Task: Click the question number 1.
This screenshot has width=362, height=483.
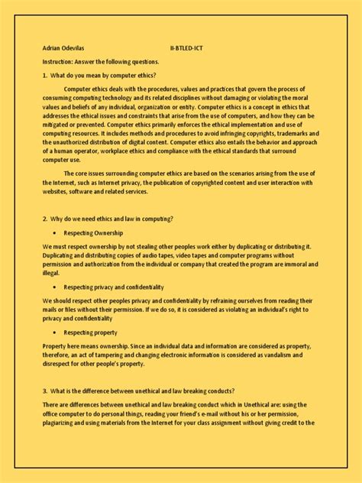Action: pos(45,75)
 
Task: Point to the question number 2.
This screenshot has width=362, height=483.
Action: pos(45,219)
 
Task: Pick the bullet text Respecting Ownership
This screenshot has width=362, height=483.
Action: pos(93,232)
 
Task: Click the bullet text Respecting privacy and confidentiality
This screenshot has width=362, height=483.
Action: pos(114,287)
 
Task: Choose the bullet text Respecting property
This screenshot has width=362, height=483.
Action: pos(90,332)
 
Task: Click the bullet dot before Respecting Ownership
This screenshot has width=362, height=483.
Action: pos(55,232)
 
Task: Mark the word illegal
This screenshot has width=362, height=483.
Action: pos(51,273)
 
